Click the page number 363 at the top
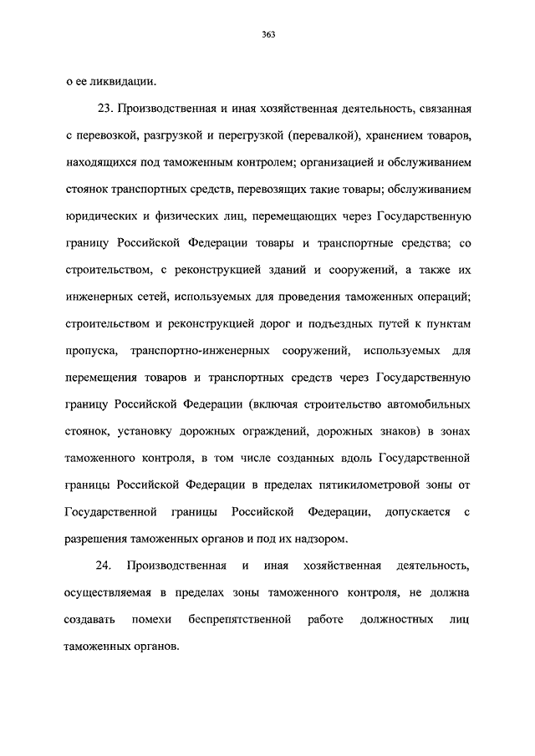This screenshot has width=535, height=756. (267, 34)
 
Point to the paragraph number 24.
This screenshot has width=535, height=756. (104, 566)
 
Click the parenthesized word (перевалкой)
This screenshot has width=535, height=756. (321, 134)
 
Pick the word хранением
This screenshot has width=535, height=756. (393, 134)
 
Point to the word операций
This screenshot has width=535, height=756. (441, 297)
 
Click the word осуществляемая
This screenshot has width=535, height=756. (110, 593)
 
